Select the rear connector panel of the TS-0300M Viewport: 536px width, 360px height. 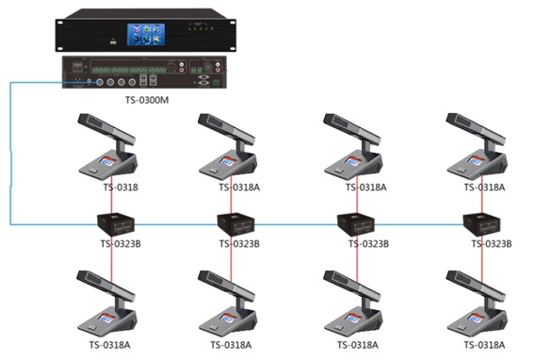pyautogui.click(x=148, y=73)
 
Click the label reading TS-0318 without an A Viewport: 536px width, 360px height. pyautogui.click(x=120, y=188)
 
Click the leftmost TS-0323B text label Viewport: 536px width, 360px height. pyautogui.click(x=122, y=244)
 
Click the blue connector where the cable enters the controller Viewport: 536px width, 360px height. pyautogui.click(x=89, y=82)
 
